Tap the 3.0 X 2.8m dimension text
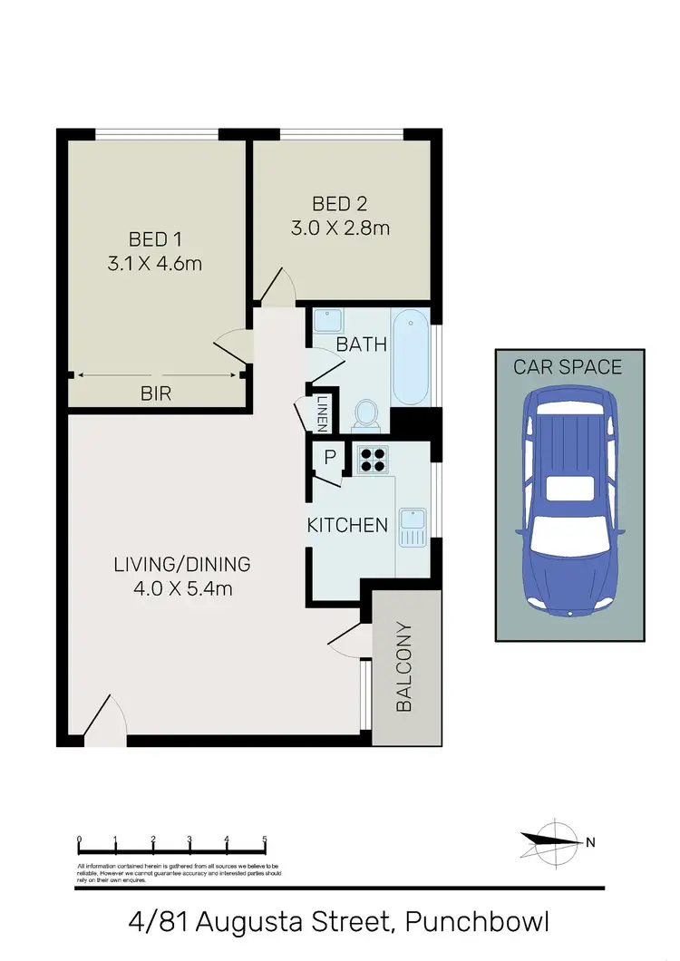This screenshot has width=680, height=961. click(x=340, y=228)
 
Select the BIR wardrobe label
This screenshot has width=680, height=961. click(x=157, y=393)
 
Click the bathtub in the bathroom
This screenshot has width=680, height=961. click(x=410, y=358)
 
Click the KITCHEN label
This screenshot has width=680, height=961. click(x=347, y=525)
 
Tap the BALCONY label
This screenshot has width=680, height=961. click(x=404, y=666)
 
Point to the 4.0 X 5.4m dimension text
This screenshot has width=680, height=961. click(x=181, y=588)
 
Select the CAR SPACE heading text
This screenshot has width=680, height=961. click(x=568, y=367)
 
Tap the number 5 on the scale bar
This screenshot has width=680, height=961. click(x=264, y=839)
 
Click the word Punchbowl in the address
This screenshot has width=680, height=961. click(x=477, y=923)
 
